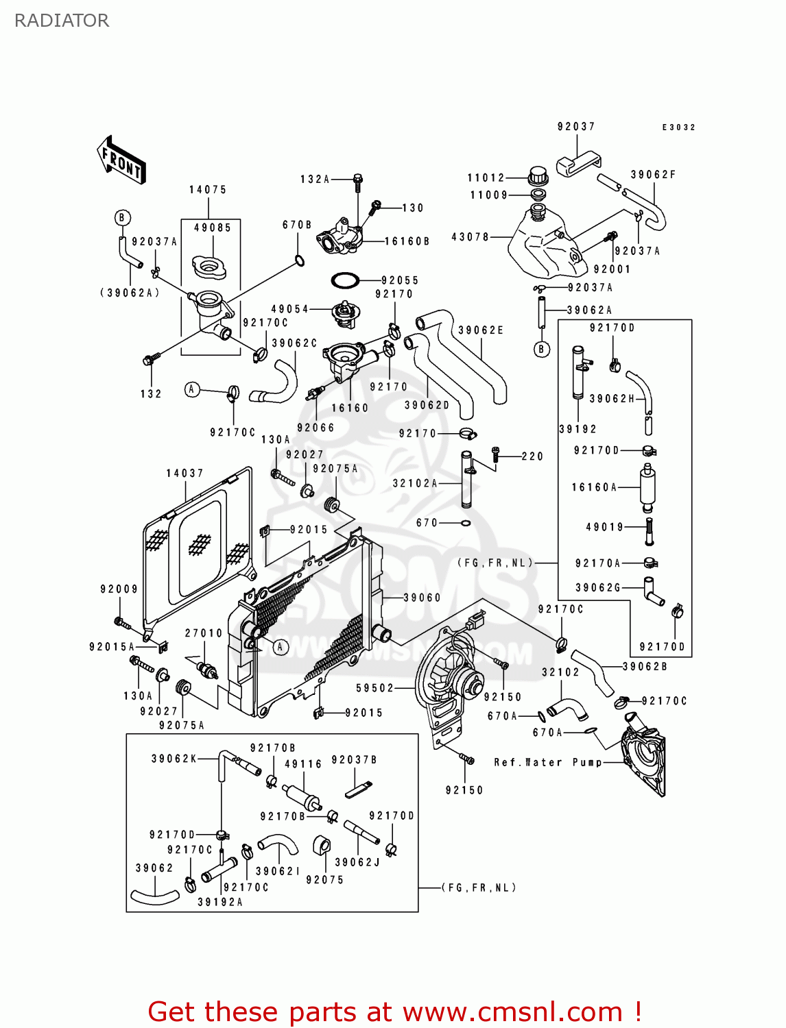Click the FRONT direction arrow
121,160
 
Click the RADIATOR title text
61,21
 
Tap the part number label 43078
470,237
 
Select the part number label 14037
184,474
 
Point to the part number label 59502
375,688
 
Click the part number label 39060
422,598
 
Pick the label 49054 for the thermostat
289,310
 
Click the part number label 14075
208,190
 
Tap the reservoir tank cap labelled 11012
538,175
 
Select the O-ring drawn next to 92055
345,280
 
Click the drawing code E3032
678,127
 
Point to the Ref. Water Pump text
547,762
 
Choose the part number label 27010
204,633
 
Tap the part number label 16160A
594,487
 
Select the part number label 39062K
174,759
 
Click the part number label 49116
303,764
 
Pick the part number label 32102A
414,483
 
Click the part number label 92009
119,589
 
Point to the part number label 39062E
481,330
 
